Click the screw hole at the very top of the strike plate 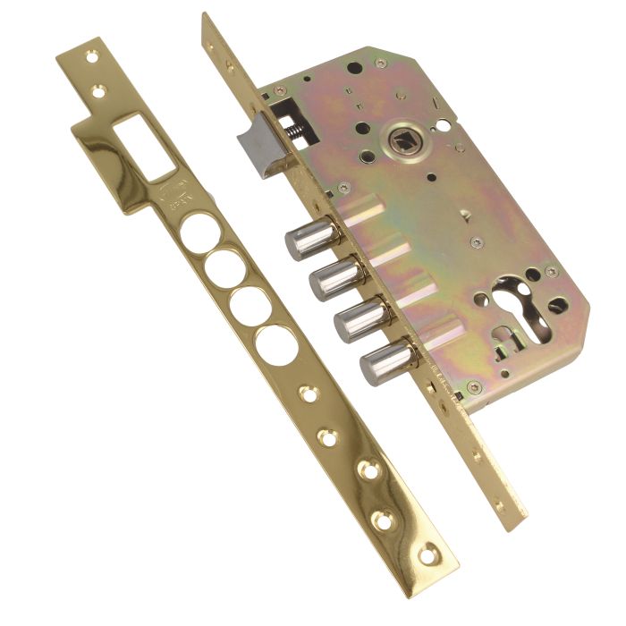[92, 55]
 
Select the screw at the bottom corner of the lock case [472, 387]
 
